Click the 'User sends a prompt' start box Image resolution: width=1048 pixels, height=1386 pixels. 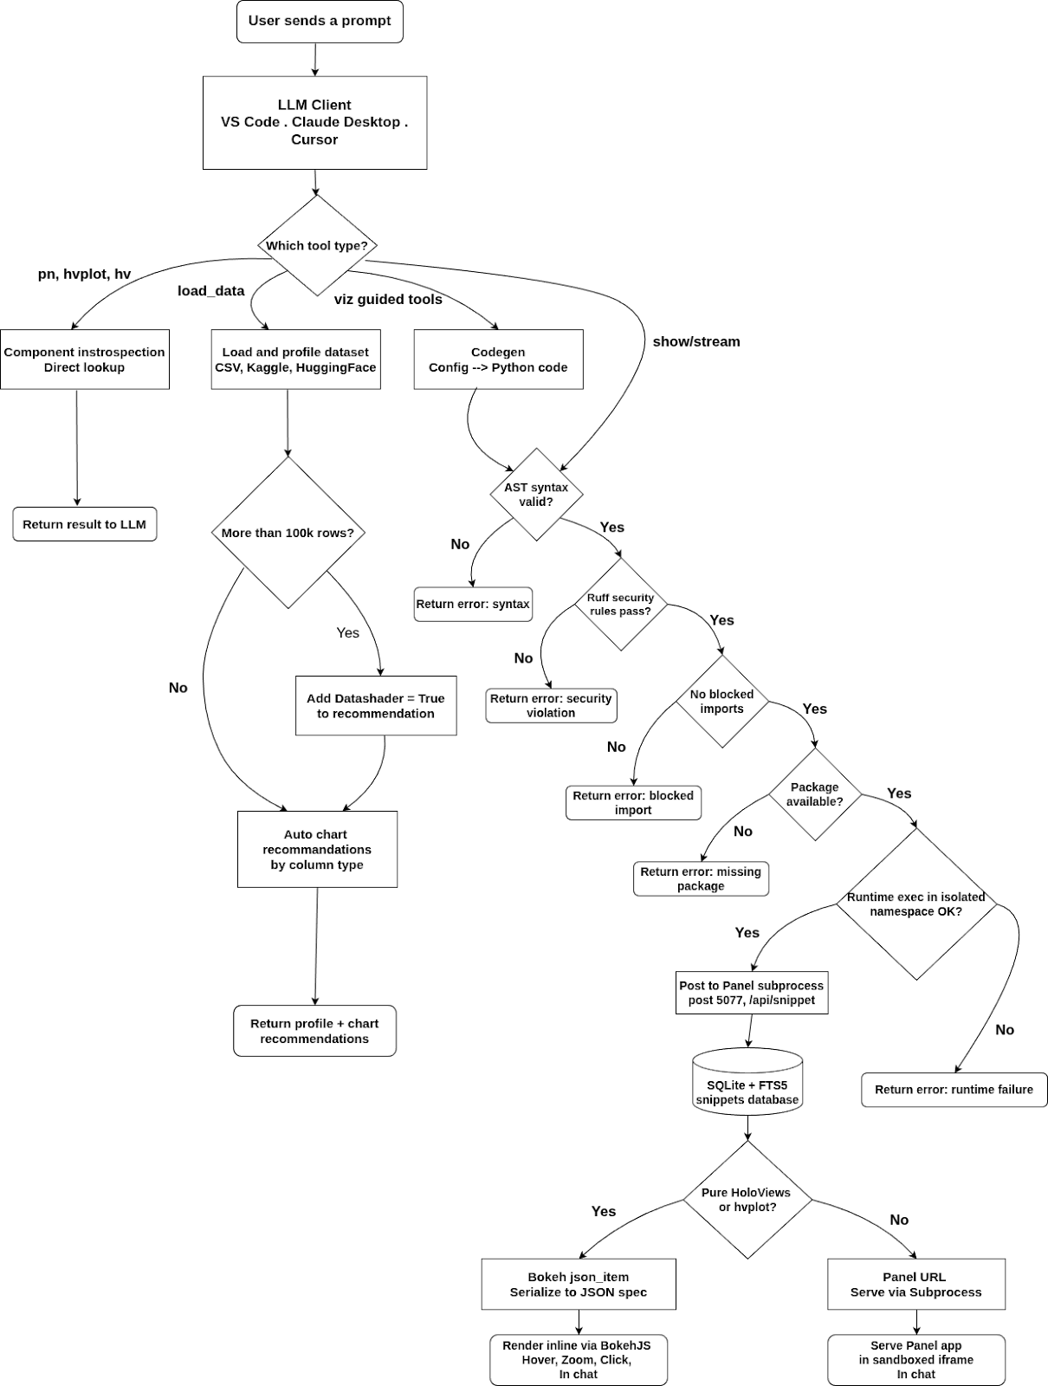320,22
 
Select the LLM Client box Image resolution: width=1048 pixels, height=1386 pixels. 314,122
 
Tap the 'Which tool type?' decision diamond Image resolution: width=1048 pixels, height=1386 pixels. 317,245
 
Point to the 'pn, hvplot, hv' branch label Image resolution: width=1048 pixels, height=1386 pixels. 84,274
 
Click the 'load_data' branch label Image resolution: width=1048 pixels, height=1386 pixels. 210,290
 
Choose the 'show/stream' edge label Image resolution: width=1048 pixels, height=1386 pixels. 696,341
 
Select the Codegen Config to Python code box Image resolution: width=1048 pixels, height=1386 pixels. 498,359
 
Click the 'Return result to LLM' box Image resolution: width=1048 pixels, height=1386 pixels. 85,524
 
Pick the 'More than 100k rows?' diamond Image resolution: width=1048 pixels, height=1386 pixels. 288,532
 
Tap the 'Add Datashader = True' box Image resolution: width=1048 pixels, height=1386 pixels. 376,705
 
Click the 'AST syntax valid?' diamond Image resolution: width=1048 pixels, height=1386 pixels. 537,495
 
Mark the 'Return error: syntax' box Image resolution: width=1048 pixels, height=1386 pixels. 473,605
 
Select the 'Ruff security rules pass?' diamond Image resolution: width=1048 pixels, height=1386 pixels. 621,605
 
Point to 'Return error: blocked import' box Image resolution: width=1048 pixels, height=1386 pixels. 633,802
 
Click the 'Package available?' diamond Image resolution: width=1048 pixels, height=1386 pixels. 815,794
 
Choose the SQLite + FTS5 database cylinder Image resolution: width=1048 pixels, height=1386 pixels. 747,1082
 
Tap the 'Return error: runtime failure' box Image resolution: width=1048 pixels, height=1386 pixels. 954,1089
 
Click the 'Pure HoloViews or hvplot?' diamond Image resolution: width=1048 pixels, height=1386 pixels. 747,1200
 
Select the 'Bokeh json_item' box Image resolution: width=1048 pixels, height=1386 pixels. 579,1285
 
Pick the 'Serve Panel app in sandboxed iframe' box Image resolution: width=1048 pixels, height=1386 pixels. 916,1359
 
